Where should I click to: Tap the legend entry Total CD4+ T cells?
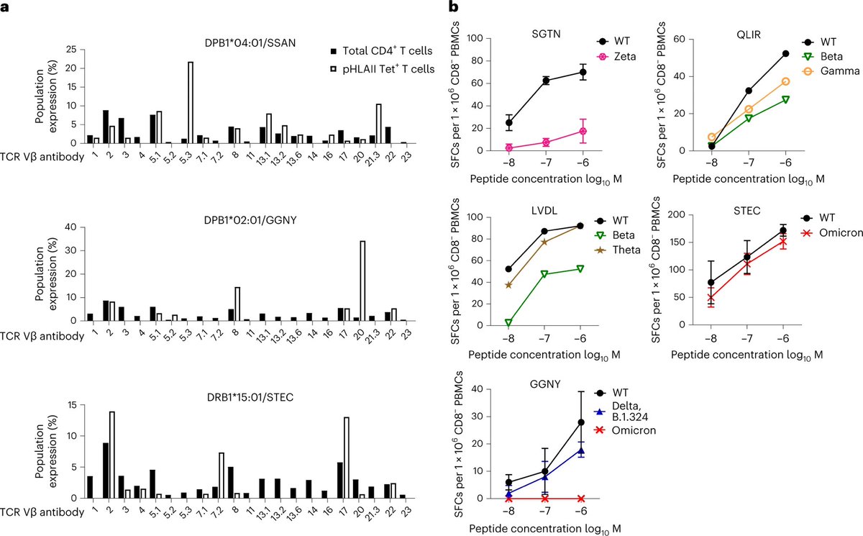[x=375, y=51]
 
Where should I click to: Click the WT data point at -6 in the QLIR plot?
[x=785, y=53]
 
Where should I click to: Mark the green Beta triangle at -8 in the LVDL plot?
[x=509, y=323]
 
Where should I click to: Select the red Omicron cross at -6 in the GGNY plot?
[x=580, y=498]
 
